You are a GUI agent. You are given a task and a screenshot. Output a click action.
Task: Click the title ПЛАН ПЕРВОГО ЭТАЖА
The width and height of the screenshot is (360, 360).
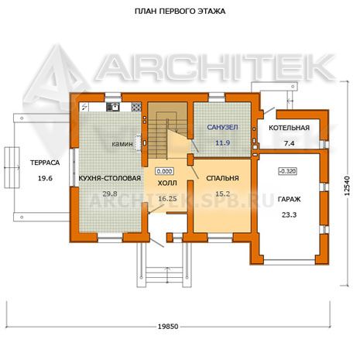[180, 12]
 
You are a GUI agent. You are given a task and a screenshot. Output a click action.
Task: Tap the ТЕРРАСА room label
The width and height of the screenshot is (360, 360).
[45, 163]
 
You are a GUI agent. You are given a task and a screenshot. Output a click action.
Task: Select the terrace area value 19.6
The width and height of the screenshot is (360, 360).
[45, 178]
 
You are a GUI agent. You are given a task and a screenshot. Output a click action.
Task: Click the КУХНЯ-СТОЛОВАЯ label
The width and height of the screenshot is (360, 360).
[110, 178]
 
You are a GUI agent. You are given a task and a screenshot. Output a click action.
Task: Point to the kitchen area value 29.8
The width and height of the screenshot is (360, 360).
[110, 194]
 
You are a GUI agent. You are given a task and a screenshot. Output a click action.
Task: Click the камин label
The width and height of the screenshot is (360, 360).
[122, 144]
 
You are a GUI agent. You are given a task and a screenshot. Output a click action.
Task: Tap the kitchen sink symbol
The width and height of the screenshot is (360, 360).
[113, 107]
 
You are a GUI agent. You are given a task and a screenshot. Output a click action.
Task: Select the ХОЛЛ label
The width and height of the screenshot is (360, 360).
[167, 183]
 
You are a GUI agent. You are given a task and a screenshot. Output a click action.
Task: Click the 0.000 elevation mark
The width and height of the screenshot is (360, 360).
[165, 171]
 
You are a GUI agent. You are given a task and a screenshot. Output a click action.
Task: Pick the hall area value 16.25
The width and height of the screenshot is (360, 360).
[167, 198]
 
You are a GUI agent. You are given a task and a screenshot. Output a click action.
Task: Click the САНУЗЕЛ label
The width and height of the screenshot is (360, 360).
[222, 127]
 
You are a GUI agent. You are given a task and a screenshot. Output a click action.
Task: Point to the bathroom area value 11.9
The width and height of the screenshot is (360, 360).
[222, 142]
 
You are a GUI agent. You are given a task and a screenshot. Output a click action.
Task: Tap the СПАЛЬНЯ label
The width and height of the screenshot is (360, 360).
[222, 178]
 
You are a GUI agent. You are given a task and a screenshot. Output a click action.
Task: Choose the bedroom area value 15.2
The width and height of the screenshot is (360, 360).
[222, 194]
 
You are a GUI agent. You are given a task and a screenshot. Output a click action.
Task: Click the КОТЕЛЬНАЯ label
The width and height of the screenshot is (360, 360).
[289, 128]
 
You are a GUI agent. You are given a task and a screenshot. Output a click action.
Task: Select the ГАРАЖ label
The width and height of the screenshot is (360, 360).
[289, 199]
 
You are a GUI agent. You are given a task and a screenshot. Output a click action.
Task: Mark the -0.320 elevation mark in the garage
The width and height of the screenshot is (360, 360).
[287, 171]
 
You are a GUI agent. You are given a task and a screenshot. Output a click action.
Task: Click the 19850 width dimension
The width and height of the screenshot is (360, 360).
[168, 327]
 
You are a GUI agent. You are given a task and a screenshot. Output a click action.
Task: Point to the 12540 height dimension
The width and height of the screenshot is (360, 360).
[348, 186]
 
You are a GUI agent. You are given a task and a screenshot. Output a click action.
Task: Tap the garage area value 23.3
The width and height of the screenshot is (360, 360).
[289, 214]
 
